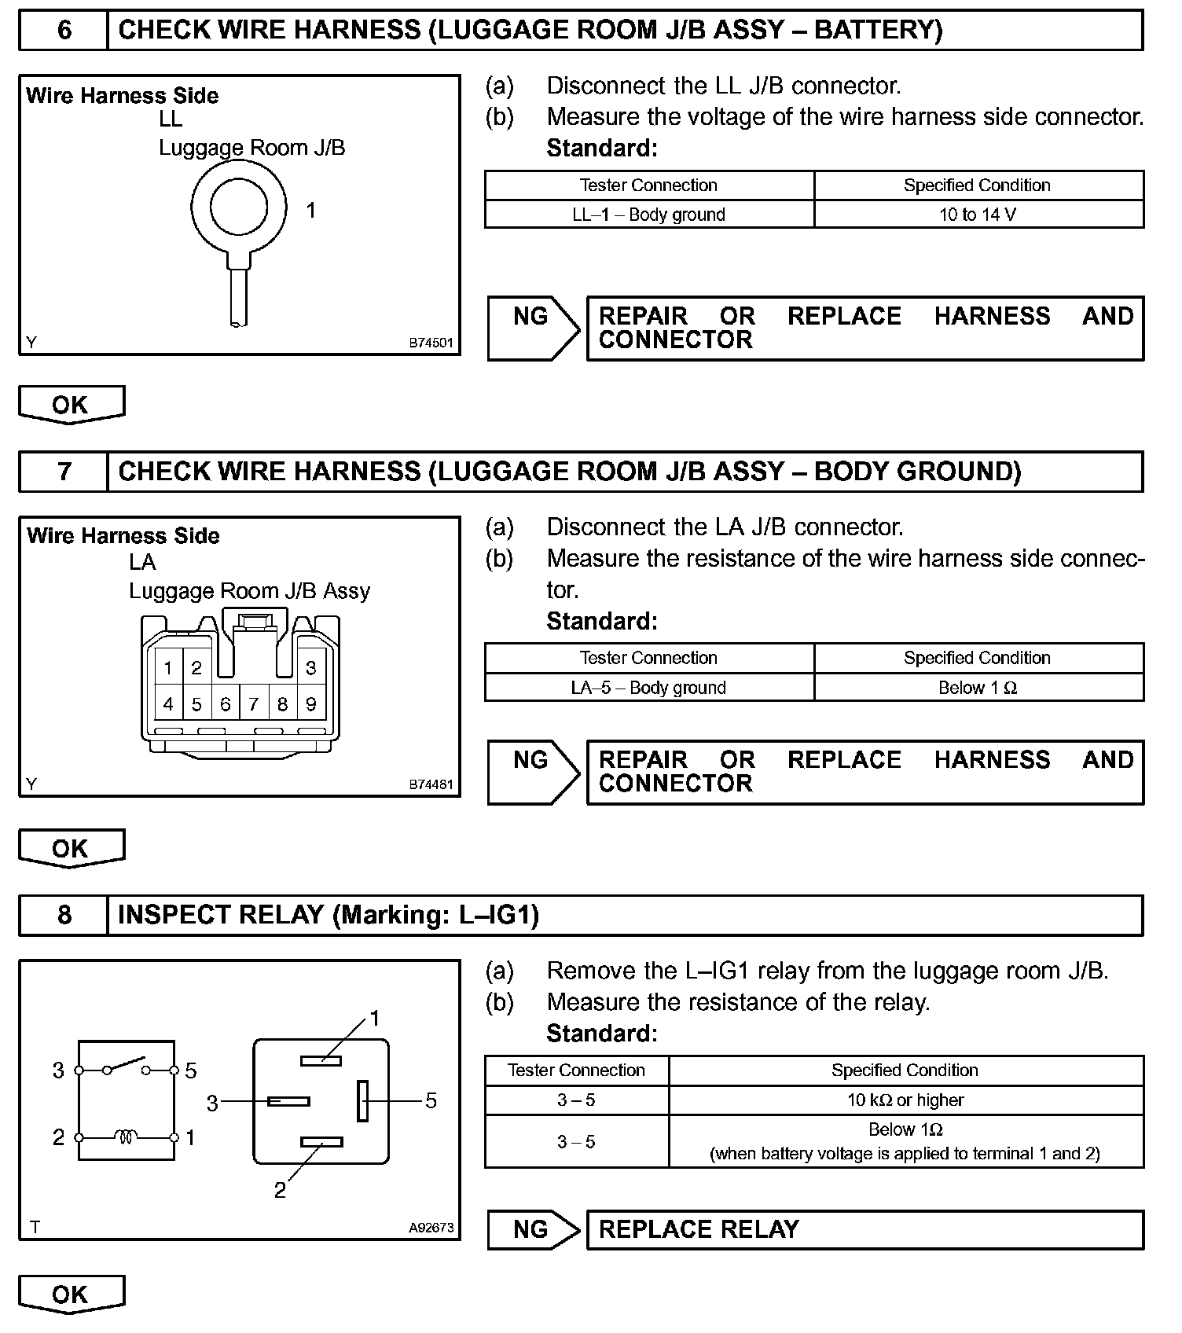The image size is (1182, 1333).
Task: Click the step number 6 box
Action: [64, 31]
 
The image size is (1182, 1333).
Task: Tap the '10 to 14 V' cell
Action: [978, 215]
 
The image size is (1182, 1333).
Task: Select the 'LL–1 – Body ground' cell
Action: [648, 215]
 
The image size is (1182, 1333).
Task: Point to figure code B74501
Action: [431, 343]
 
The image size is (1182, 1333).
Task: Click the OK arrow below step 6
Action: [71, 405]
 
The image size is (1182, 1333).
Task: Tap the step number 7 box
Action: [64, 472]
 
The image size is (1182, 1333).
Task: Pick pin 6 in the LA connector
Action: [225, 704]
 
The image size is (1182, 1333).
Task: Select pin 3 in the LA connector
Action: [311, 668]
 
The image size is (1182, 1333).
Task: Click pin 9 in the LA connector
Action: [311, 704]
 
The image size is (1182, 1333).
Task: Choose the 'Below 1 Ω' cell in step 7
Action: [978, 688]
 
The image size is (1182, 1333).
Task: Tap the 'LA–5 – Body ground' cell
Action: [648, 688]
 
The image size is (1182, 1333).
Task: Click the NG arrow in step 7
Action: [533, 772]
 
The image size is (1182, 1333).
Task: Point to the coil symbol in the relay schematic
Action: [126, 1137]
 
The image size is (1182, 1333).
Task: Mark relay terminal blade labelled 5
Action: [362, 1100]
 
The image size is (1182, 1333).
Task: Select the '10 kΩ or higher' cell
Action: [905, 1100]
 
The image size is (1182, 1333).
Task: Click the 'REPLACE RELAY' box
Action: [864, 1229]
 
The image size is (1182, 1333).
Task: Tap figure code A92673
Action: [431, 1228]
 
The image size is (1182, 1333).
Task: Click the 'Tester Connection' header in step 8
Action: [576, 1070]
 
